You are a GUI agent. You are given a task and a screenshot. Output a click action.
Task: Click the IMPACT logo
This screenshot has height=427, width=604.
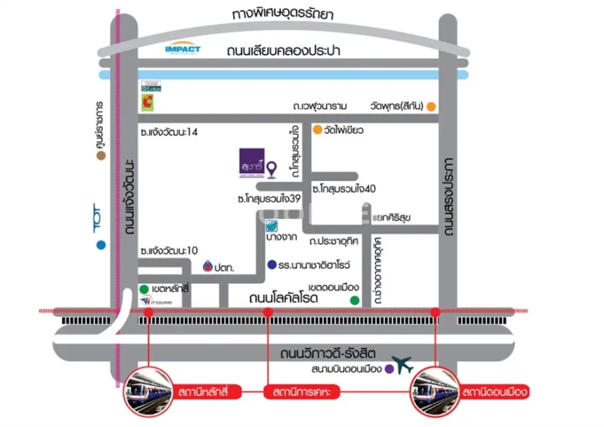tap(182, 50)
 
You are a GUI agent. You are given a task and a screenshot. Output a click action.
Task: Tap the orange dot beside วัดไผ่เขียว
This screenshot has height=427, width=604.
tap(316, 130)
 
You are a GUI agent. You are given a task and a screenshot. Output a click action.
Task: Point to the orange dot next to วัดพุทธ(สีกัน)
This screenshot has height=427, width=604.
tap(431, 107)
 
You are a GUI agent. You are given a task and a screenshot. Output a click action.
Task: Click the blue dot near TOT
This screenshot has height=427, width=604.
tap(100, 245)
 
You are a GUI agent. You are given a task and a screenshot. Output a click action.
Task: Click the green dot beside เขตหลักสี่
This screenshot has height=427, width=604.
tap(144, 289)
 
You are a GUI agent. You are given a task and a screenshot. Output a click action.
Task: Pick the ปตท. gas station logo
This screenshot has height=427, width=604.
tap(208, 266)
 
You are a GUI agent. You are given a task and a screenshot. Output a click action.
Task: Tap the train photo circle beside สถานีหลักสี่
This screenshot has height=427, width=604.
tap(147, 391)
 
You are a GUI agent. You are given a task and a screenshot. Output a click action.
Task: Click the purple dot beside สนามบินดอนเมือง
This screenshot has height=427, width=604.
tap(389, 368)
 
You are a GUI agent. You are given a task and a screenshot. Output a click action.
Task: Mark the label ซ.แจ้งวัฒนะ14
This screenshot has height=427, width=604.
tap(168, 132)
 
